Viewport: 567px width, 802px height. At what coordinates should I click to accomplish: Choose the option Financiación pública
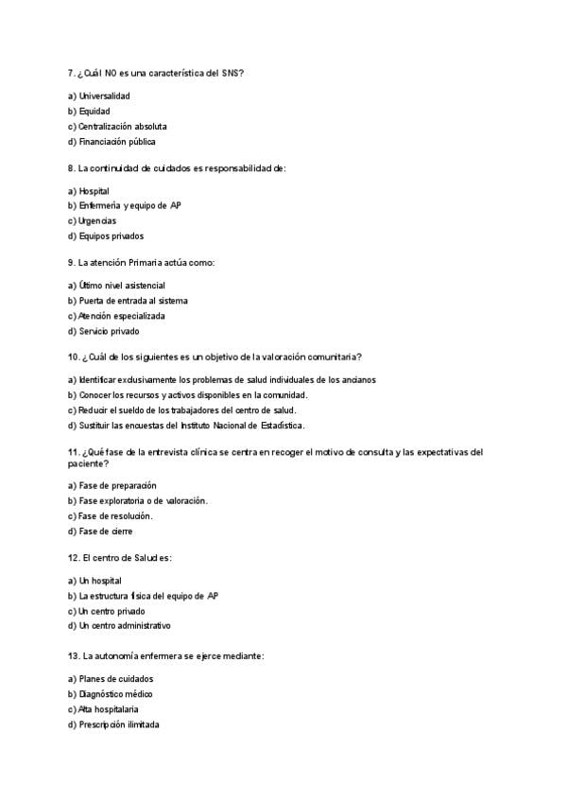[x=117, y=142]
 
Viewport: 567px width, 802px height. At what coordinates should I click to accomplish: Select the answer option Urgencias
[x=97, y=220]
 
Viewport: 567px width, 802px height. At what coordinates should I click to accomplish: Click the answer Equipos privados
[x=112, y=236]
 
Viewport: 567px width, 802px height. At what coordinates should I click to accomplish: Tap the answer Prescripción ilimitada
[x=119, y=724]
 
